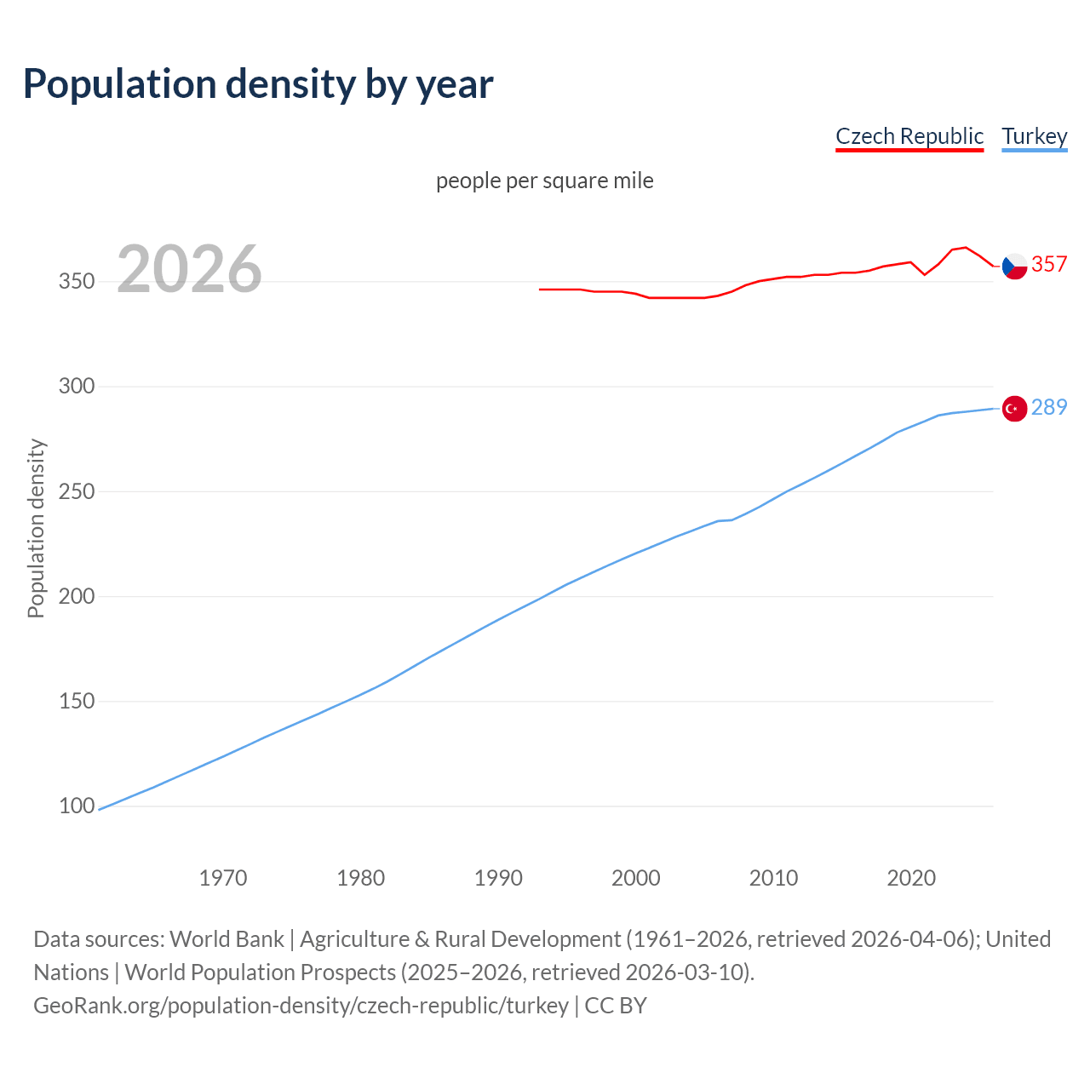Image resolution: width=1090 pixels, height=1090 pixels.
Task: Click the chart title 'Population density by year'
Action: click(258, 84)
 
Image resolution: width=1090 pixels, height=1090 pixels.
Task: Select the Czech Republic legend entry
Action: click(909, 136)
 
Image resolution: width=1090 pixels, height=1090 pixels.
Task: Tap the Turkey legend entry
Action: click(1034, 136)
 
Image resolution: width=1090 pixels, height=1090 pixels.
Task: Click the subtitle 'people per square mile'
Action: click(544, 181)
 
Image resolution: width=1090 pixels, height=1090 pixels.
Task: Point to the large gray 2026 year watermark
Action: click(189, 269)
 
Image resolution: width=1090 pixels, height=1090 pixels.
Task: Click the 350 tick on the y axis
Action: click(76, 282)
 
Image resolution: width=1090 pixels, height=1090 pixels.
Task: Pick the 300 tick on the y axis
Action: click(76, 387)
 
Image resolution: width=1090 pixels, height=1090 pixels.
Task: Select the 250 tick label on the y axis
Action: click(76, 491)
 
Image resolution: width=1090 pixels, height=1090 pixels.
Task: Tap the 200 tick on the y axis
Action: click(76, 596)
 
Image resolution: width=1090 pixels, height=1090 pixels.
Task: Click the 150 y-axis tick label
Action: click(76, 701)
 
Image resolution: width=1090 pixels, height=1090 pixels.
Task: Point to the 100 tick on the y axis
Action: click(76, 806)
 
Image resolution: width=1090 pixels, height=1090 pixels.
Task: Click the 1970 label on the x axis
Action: click(223, 878)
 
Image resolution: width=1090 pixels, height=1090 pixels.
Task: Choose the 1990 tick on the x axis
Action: click(498, 878)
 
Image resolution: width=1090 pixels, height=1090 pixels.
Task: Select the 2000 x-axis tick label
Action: click(636, 878)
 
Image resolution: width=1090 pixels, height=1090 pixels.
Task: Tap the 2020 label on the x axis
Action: click(911, 878)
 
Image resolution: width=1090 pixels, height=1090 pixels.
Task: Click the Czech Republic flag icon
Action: click(1014, 267)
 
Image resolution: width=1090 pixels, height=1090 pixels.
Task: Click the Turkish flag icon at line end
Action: click(1014, 410)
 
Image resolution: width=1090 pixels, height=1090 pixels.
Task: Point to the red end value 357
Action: click(1049, 265)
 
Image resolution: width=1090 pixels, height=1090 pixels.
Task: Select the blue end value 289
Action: click(1049, 408)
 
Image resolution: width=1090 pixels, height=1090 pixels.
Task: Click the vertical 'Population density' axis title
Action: click(36, 528)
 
